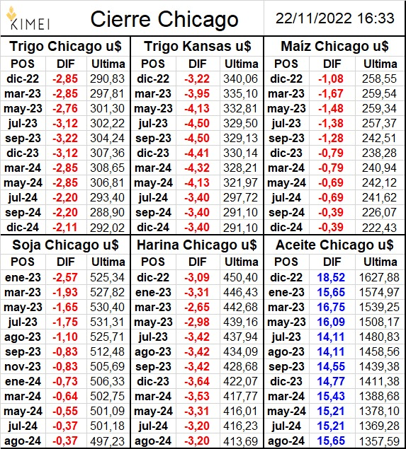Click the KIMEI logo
click(x=28, y=19)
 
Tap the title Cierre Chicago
click(x=164, y=19)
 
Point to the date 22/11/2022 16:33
click(x=335, y=18)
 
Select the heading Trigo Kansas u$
click(x=198, y=47)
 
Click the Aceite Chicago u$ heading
click(x=334, y=245)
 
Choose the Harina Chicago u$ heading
click(x=197, y=245)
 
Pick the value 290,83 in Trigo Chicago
click(x=107, y=78)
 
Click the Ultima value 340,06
click(x=241, y=78)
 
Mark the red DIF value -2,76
click(x=65, y=108)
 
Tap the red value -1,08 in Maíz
click(x=331, y=78)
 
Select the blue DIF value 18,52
click(x=331, y=277)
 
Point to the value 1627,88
click(x=379, y=277)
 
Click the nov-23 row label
click(x=23, y=367)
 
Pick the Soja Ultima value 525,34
click(x=107, y=277)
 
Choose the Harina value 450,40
click(x=241, y=277)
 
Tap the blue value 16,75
click(x=331, y=308)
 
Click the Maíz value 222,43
click(x=379, y=228)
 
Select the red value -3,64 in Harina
click(x=197, y=382)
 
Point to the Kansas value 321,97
click(x=241, y=183)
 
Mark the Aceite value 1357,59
click(x=379, y=441)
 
